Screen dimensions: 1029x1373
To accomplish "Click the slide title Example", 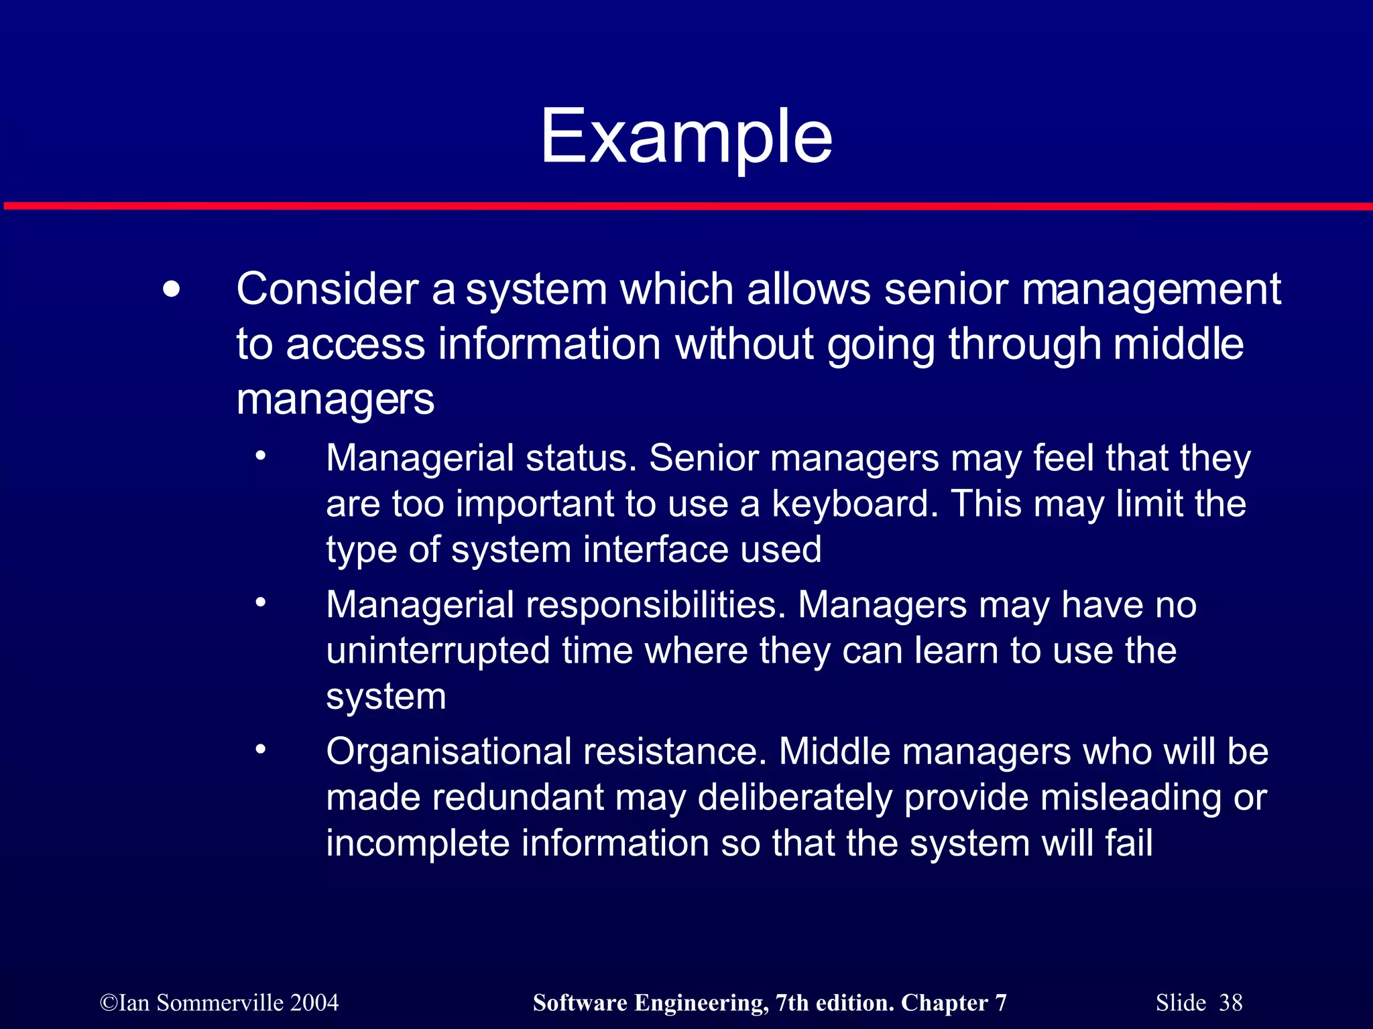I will [686, 137].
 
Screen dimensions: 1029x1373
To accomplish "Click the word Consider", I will [326, 289].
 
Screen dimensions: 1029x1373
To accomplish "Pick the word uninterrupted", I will [438, 651].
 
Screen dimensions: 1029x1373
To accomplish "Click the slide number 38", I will [1230, 1003].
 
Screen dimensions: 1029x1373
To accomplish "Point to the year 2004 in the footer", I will [314, 1003].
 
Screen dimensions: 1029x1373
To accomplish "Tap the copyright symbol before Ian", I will [108, 1003].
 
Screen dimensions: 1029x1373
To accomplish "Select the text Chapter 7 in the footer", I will [953, 1003].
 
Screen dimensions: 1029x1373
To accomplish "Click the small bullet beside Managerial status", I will [261, 457].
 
